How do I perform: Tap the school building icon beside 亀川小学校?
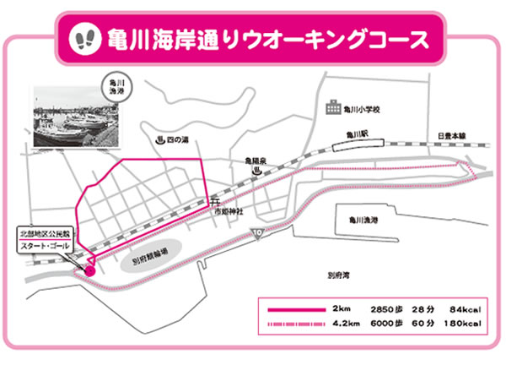click(326, 108)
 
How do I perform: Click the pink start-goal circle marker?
click(89, 269)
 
